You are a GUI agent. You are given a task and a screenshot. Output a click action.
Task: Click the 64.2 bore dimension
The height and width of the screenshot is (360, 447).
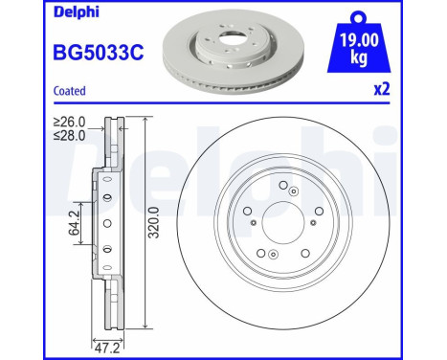tap(76, 231)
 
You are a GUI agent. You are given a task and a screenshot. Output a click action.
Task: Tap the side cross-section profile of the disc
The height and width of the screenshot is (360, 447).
tap(106, 225)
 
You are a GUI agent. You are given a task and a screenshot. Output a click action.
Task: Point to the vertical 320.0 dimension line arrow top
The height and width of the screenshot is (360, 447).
tap(145, 119)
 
